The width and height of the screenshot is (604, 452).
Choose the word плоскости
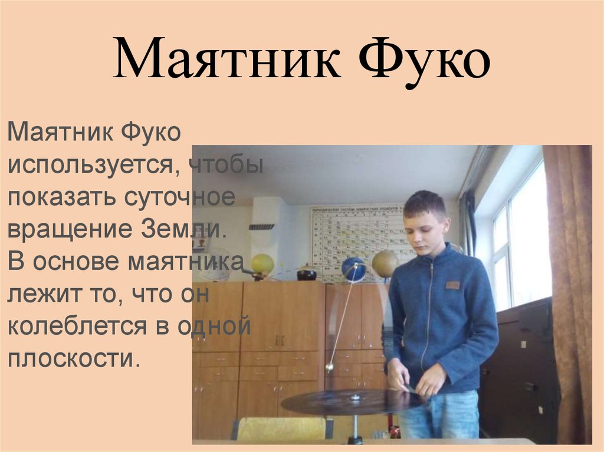(x=74, y=358)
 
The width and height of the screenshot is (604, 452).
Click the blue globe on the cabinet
(x=353, y=269)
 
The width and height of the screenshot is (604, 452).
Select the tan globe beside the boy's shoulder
(x=384, y=263)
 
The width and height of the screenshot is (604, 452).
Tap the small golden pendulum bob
(x=330, y=367)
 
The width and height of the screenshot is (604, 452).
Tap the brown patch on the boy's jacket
(x=452, y=285)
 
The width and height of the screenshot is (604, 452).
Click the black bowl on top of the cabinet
(x=307, y=274)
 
